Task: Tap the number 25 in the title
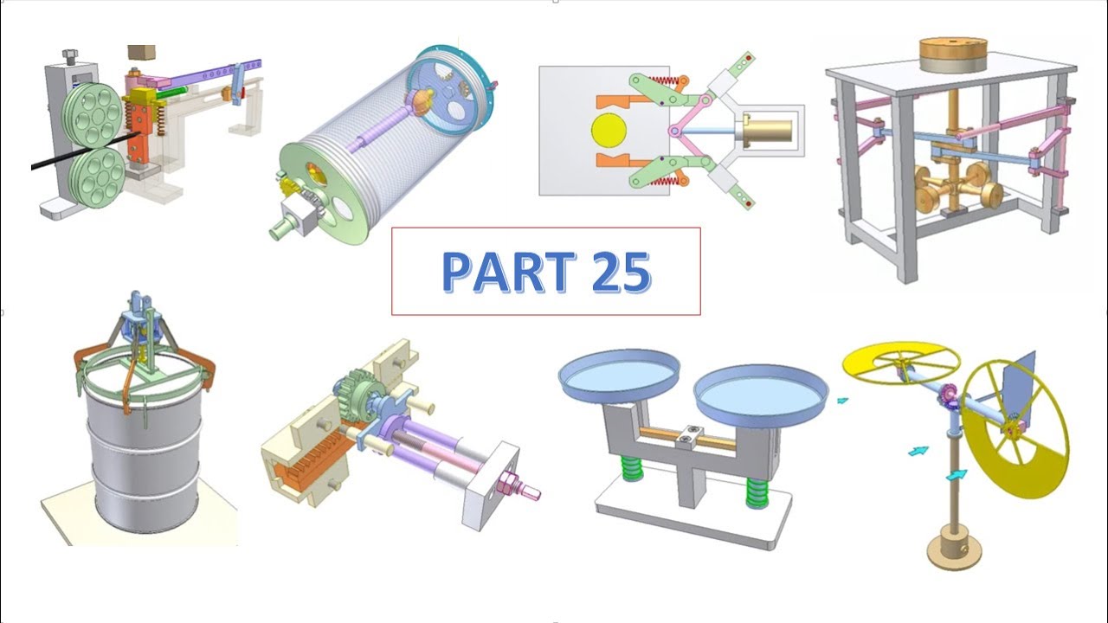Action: pyautogui.click(x=620, y=273)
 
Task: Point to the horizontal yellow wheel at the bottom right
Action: pyautogui.click(x=901, y=363)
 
